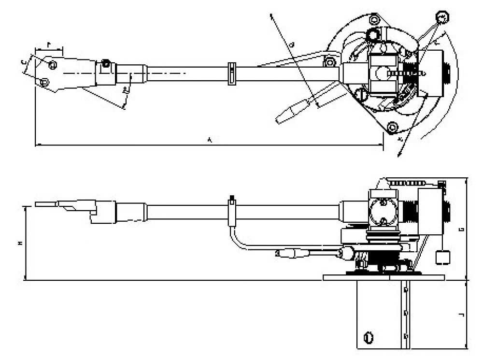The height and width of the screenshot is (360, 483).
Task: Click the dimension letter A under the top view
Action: pos(209,140)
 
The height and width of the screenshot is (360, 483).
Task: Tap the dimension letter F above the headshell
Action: pos(49,44)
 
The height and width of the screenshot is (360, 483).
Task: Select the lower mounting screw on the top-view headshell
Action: pos(44,82)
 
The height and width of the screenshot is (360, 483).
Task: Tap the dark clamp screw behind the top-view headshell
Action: pos(105,63)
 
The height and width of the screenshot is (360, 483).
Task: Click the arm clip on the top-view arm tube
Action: pos(231,73)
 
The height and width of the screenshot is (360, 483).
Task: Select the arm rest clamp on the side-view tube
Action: pos(232,211)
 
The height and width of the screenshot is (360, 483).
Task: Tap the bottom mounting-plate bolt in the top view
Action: pos(392,127)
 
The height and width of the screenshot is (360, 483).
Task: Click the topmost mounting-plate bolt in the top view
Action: pos(373,20)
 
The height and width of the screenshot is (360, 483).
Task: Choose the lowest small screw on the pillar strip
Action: pos(406,334)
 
